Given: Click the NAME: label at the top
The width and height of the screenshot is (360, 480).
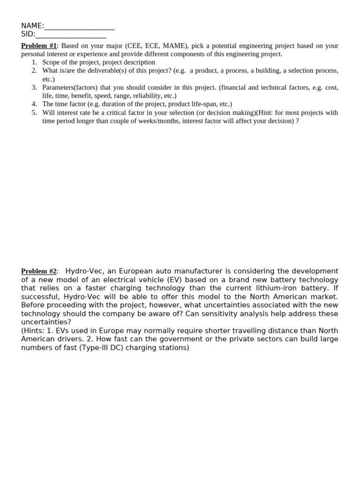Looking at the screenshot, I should click(32, 26).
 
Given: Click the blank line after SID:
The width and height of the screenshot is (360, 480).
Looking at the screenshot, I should click(71, 34).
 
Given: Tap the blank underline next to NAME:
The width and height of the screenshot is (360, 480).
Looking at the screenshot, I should click(79, 26).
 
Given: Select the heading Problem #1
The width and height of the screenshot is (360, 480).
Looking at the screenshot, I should click(38, 45).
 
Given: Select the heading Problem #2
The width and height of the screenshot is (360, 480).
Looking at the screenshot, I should click(38, 271).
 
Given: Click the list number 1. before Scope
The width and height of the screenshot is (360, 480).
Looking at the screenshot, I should click(34, 62).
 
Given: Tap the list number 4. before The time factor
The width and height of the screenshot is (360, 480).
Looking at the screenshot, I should click(34, 104).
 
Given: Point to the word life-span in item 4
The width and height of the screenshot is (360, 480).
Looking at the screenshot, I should click(205, 104).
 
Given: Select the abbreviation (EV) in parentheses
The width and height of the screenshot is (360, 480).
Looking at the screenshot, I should click(175, 279).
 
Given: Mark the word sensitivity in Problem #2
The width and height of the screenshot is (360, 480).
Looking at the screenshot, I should click(219, 314).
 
